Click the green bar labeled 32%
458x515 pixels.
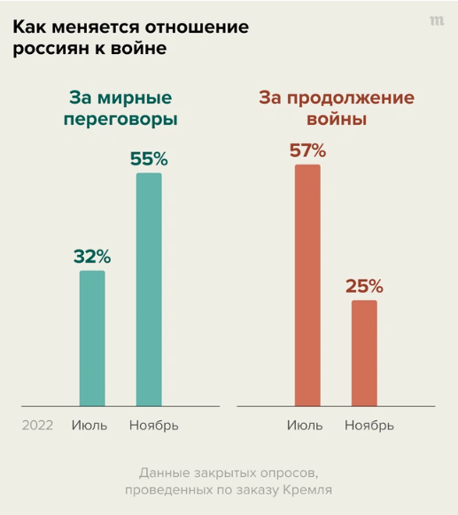[92, 338]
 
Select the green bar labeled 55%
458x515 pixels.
[149, 289]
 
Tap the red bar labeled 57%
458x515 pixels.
[307, 285]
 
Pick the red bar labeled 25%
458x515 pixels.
[364, 353]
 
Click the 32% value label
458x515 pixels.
[92, 257]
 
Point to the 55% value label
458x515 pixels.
[149, 158]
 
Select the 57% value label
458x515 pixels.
[307, 150]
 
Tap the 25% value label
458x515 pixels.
[364, 286]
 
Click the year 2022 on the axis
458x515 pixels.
[37, 426]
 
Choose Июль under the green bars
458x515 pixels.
[89, 426]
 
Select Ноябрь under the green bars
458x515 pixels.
[154, 426]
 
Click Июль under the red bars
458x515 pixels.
[305, 426]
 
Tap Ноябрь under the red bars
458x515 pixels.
[369, 426]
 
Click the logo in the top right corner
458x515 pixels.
[437, 21]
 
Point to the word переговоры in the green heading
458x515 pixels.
[120, 119]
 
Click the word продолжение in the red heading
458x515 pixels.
[351, 98]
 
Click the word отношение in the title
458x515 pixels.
[197, 27]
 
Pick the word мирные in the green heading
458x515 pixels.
[135, 98]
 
